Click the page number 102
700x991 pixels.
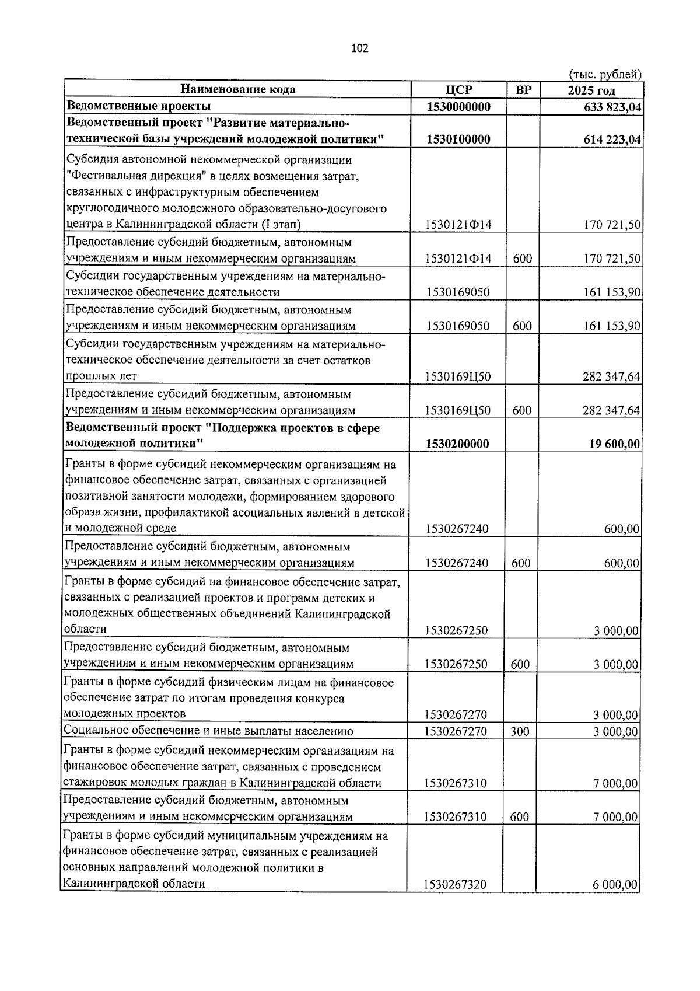point(359,48)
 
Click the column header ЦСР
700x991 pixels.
point(458,90)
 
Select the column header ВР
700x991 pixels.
point(523,90)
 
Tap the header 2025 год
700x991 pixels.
point(591,90)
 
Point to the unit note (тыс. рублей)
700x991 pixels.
point(605,75)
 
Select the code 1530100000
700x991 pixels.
point(458,139)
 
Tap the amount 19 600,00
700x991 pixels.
point(616,444)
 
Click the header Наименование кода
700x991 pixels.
point(237,89)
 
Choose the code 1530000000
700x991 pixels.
point(458,107)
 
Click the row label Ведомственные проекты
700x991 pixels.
point(139,106)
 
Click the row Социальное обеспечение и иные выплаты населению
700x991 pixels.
point(208,731)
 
